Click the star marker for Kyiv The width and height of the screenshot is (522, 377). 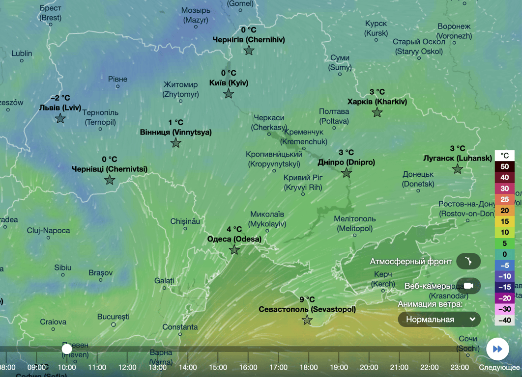(229, 94)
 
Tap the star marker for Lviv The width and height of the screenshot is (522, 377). (60, 118)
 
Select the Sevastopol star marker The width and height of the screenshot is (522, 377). (307, 320)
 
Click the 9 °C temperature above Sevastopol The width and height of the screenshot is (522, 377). (307, 299)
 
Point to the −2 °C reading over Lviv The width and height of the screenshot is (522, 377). (60, 98)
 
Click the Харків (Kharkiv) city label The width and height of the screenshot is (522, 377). (377, 102)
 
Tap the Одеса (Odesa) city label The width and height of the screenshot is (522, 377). (234, 239)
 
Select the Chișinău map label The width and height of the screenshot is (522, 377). (185, 221)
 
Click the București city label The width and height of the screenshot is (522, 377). (113, 317)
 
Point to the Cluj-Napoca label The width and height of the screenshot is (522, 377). (48, 230)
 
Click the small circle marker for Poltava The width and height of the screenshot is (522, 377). (334, 128)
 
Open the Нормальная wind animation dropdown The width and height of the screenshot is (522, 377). (439, 320)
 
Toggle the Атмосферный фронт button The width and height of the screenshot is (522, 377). (468, 261)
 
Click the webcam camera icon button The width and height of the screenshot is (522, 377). (468, 286)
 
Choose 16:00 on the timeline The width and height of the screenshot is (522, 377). (248, 367)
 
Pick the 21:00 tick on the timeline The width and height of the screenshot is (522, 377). (399, 367)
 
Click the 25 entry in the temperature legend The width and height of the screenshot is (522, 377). (504, 199)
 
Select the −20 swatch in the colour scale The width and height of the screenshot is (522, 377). (504, 298)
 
